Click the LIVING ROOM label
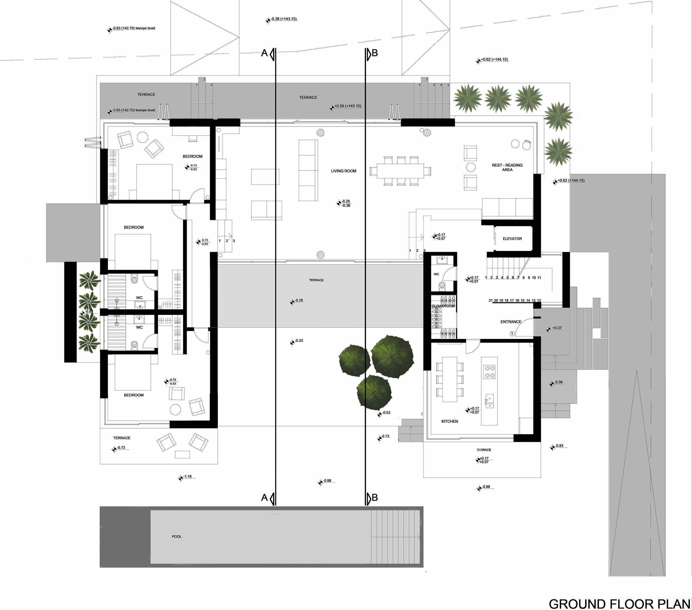point(343,171)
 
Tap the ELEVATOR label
point(512,239)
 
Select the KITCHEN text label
point(449,421)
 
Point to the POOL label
point(176,536)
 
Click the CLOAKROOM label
point(443,306)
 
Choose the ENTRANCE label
point(511,322)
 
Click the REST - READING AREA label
point(507,167)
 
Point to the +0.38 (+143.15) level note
point(284,19)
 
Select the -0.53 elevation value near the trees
point(386,413)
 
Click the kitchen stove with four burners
point(490,372)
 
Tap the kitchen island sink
point(490,401)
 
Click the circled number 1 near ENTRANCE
point(512,334)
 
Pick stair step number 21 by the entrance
point(490,301)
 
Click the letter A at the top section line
point(264,53)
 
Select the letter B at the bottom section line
point(374,498)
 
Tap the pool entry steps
point(395,537)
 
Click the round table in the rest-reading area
point(471,167)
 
